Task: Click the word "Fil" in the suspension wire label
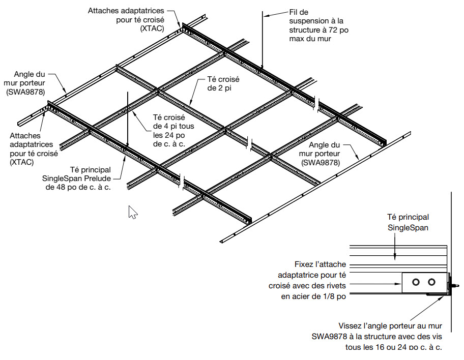[x=295, y=12]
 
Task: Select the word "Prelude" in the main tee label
[x=98, y=178]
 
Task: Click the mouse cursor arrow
[x=132, y=212]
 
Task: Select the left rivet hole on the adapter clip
[x=416, y=282]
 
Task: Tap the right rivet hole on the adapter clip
[x=432, y=282]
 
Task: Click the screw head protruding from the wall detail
[x=454, y=286]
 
